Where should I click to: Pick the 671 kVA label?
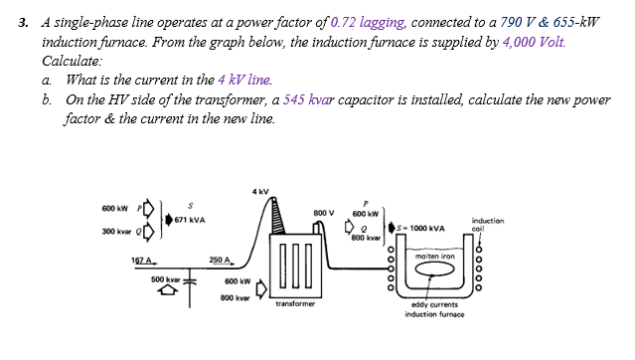[188, 220]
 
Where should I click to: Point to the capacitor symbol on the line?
[186, 282]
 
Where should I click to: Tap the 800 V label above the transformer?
[322, 212]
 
